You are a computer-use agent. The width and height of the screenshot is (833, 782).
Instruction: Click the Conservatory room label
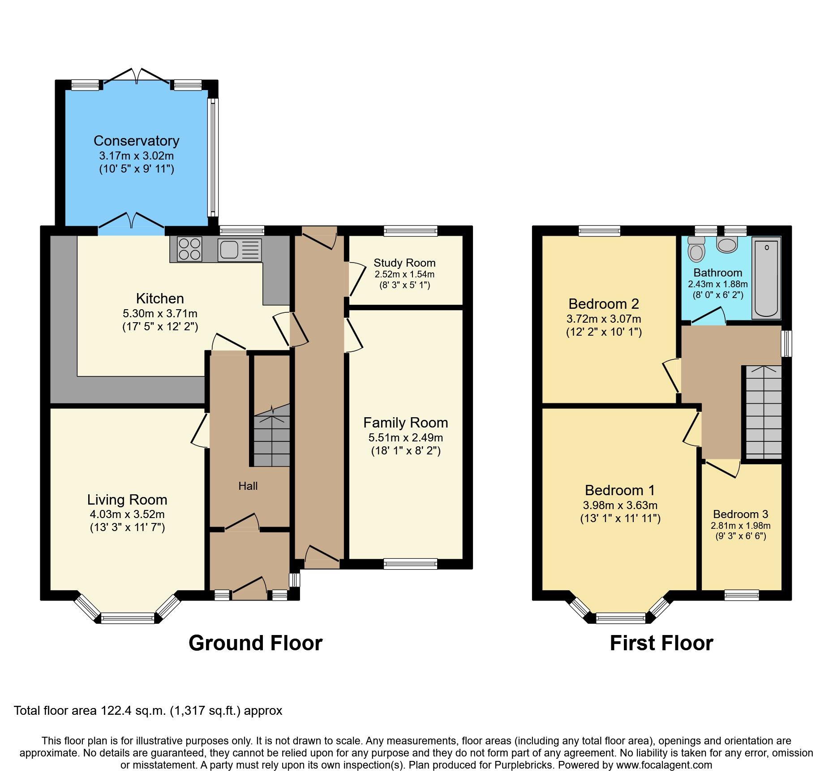136,141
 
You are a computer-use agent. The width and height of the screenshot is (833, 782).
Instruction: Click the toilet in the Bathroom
696,250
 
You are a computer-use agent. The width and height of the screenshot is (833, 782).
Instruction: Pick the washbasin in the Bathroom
727,245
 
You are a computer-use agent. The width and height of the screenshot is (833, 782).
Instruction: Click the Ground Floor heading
255,643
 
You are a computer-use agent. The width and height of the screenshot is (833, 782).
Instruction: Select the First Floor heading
661,643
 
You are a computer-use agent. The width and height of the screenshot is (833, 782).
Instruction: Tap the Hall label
248,486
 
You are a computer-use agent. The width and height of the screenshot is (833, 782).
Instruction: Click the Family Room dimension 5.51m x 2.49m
405,437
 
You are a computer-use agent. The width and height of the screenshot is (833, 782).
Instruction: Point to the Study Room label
404,263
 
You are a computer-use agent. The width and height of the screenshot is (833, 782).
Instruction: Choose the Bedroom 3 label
740,514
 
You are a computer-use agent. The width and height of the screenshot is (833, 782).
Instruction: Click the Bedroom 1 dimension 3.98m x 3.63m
620,505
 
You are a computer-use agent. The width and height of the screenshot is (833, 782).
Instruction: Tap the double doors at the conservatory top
136,77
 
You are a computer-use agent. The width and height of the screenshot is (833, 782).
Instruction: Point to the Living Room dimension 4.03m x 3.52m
127,514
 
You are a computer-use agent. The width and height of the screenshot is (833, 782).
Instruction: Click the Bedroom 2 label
603,304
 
